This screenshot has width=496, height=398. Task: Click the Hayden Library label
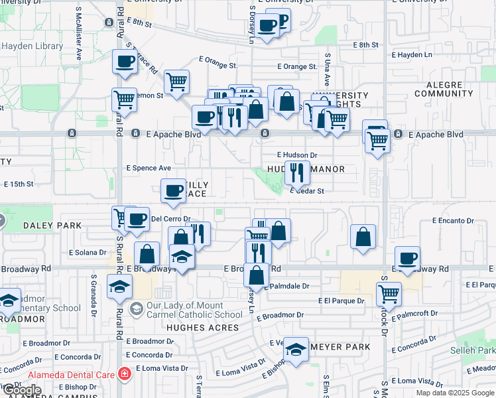(x=32, y=46)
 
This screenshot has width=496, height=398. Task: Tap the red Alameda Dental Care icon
(x=124, y=373)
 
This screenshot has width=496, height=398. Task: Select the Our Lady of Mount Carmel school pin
(x=136, y=308)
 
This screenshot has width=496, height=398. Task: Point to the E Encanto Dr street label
(x=453, y=220)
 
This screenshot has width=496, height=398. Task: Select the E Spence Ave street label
(x=149, y=168)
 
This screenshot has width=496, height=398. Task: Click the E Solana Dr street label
(x=88, y=252)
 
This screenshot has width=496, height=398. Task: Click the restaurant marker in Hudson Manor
(x=297, y=172)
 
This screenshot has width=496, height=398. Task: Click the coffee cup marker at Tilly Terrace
(x=174, y=190)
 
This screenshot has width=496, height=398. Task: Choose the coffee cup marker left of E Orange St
(x=125, y=62)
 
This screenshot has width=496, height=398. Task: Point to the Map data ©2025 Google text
(x=454, y=393)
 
